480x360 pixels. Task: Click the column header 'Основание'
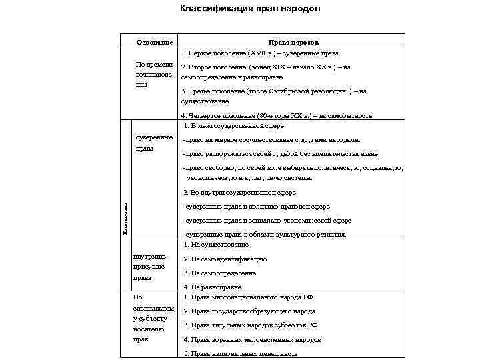point(154,41)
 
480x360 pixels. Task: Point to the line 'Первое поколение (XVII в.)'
point(261,53)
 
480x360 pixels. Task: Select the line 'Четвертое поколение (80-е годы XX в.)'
point(277,115)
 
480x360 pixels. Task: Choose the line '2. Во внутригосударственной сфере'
point(239,193)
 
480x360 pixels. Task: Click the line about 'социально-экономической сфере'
point(267,220)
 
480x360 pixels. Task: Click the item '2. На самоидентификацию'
point(225,259)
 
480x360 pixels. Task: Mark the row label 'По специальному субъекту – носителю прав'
point(154,318)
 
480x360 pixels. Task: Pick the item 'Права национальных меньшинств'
point(240,353)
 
